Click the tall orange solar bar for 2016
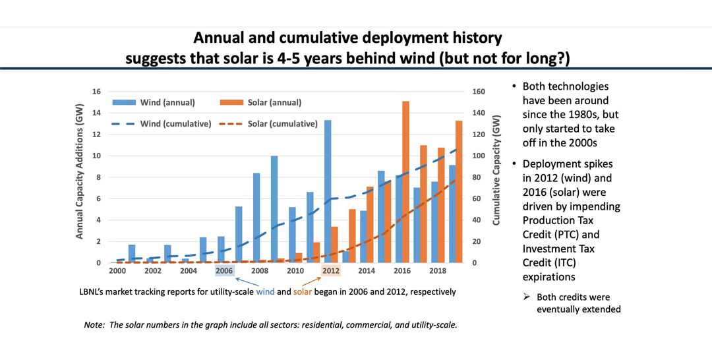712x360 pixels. pyautogui.click(x=406, y=182)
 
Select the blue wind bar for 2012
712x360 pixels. pyautogui.click(x=328, y=191)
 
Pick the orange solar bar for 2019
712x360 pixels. pyautogui.click(x=459, y=191)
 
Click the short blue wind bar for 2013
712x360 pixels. pyautogui.click(x=345, y=257)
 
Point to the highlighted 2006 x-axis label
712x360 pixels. pyautogui.click(x=225, y=271)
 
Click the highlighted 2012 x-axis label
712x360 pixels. pyautogui.click(x=332, y=271)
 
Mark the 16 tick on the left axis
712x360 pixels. pyautogui.click(x=96, y=92)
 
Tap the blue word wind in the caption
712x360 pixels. pyautogui.click(x=266, y=291)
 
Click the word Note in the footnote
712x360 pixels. pyautogui.click(x=94, y=325)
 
